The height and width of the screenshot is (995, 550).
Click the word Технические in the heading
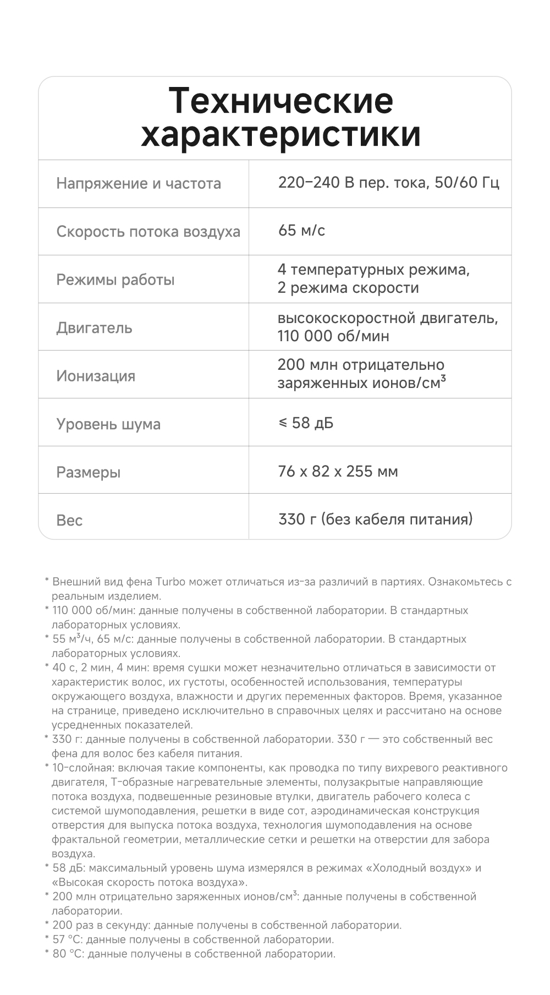280,101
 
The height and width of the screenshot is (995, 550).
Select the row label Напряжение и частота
139,183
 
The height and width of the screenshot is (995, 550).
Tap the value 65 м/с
301,230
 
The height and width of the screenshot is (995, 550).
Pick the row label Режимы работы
116,280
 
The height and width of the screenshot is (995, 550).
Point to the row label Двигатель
94,328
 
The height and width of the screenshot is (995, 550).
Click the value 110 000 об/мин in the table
333,336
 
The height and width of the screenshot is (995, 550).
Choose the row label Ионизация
96,376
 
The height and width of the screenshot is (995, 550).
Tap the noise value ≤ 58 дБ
306,423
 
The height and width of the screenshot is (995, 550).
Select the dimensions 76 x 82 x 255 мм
338,471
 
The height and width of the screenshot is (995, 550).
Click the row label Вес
69,520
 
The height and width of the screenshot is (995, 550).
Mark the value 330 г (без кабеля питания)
375,519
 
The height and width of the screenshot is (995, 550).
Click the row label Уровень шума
108,424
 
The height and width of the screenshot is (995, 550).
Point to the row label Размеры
88,472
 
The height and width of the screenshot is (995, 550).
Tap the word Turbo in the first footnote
170,582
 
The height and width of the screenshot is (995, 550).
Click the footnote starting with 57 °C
193,939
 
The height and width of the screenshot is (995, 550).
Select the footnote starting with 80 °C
194,954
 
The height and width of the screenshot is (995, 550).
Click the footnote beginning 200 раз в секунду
227,925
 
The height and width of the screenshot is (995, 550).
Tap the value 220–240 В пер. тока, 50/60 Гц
388,182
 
